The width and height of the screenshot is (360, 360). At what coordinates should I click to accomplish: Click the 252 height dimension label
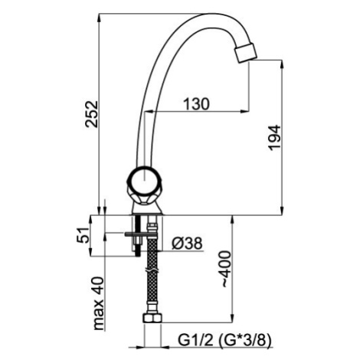(92, 114)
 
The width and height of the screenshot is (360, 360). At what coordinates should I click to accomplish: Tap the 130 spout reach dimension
(196, 104)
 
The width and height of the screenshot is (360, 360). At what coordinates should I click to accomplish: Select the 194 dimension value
(274, 138)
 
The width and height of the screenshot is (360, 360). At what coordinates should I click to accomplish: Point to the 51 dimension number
(83, 235)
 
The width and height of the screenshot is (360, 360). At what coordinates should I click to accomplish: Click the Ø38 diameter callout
(187, 244)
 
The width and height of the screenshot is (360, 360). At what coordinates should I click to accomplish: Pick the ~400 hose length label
(226, 269)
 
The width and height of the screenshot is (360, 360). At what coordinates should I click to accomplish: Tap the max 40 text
(99, 303)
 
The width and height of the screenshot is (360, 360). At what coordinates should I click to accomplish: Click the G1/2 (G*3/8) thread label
(224, 340)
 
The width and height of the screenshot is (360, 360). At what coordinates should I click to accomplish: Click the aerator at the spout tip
(245, 53)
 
